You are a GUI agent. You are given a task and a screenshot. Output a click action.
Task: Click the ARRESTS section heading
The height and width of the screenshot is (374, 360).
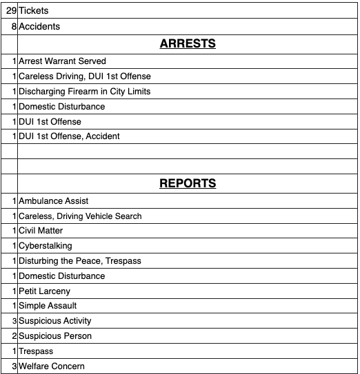click(x=188, y=43)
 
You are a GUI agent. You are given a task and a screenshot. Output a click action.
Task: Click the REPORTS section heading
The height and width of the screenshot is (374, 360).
click(x=188, y=183)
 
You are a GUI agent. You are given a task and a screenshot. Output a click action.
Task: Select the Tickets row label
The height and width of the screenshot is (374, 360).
click(x=33, y=11)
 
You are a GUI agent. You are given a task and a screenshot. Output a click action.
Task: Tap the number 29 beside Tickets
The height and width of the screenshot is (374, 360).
click(x=10, y=11)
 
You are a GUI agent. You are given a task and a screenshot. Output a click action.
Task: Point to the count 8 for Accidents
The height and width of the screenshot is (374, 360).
click(x=14, y=26)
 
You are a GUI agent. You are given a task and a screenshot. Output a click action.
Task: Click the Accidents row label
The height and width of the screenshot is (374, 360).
click(x=39, y=26)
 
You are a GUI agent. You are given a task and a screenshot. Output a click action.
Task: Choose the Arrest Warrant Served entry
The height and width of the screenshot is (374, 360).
click(x=62, y=61)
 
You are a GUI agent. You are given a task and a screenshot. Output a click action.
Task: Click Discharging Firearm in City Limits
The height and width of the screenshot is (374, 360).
click(x=84, y=91)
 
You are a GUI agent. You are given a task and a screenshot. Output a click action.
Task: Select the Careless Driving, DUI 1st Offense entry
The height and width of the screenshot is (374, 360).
click(x=84, y=76)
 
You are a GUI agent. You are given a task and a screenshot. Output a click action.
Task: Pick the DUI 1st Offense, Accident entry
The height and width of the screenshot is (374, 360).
click(x=69, y=136)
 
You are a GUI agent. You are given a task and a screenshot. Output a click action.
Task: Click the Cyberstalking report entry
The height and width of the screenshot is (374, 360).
click(x=45, y=246)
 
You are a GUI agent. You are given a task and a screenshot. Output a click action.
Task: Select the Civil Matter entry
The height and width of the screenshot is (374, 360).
click(x=42, y=231)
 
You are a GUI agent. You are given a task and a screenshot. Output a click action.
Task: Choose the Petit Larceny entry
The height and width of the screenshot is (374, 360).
click(x=44, y=291)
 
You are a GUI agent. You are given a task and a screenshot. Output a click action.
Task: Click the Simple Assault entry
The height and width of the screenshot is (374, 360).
click(x=48, y=306)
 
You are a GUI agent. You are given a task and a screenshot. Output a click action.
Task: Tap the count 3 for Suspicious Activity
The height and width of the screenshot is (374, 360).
click(x=14, y=321)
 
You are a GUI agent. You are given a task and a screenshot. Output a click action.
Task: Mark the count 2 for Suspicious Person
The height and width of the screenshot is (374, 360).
click(x=14, y=336)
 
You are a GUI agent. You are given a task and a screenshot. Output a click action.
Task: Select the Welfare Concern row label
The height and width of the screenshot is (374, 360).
click(x=52, y=366)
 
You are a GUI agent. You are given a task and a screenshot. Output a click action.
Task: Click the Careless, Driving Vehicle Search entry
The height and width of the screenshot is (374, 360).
click(x=80, y=216)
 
